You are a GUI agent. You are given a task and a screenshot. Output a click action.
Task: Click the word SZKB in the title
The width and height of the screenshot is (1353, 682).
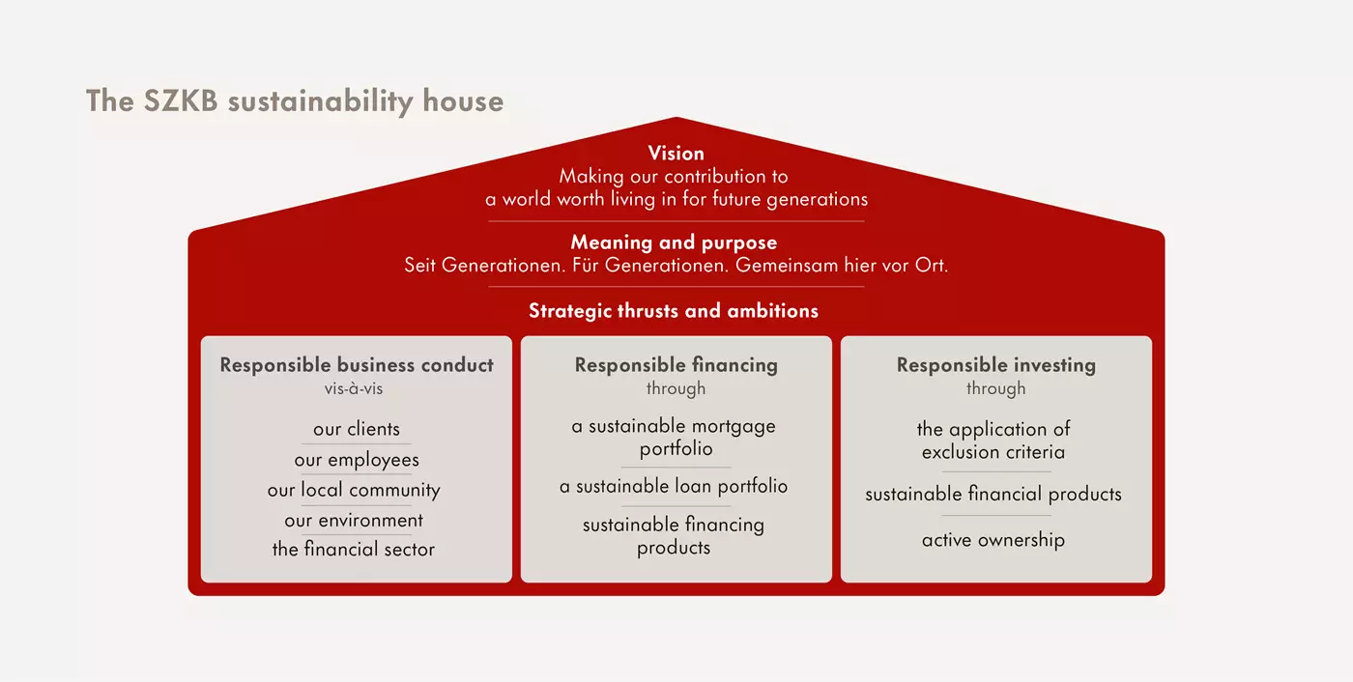[181, 100]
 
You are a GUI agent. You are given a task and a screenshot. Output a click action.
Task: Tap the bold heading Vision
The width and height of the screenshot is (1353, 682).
[676, 154]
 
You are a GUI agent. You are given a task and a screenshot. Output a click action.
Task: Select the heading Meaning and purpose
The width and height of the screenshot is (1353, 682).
[674, 242]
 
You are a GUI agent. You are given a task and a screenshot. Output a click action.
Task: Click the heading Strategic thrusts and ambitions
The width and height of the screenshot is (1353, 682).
[674, 311]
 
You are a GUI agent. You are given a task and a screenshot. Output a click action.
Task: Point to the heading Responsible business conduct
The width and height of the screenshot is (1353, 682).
[357, 365]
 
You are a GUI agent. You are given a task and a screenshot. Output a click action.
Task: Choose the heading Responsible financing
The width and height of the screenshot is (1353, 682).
[676, 365]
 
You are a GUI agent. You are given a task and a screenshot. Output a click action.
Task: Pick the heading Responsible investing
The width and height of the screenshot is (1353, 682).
[996, 365]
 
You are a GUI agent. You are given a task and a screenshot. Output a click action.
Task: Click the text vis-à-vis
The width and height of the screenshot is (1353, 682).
[354, 388]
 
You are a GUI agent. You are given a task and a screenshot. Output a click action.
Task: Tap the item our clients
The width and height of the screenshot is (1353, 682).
[357, 429]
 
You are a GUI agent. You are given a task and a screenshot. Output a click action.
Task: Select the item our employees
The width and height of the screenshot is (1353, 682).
[357, 460]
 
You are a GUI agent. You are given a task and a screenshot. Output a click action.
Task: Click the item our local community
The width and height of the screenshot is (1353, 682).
[354, 490]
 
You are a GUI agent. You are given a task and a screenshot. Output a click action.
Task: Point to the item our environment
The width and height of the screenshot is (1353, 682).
[354, 521]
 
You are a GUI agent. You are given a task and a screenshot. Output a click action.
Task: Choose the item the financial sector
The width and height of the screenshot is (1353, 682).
[354, 550]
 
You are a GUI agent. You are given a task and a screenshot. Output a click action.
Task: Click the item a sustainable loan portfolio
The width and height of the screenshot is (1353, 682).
[674, 487]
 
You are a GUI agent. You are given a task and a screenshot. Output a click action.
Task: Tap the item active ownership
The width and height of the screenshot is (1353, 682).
[993, 540]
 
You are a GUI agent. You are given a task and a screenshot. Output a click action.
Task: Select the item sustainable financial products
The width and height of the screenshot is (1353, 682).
[993, 495]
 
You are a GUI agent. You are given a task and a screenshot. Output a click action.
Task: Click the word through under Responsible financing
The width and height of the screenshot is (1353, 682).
[676, 388]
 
